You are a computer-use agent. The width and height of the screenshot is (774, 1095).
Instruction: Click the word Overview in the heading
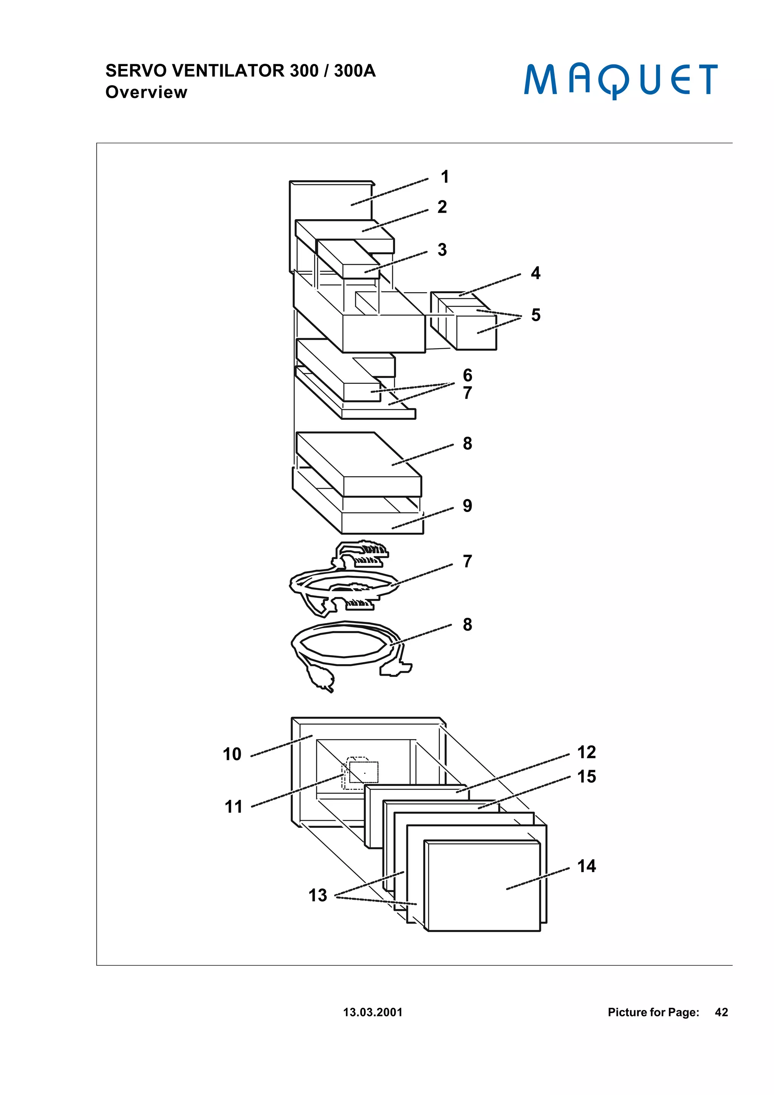click(x=146, y=92)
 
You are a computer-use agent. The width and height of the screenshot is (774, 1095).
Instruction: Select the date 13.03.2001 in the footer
click(x=373, y=1012)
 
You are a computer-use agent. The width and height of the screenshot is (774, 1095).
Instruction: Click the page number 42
click(x=721, y=1012)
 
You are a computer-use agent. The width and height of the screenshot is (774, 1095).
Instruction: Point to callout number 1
click(x=444, y=177)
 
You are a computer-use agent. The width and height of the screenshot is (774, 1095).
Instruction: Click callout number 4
click(x=536, y=273)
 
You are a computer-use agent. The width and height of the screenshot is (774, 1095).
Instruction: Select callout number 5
click(x=536, y=315)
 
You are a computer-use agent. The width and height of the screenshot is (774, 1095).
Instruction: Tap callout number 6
click(x=467, y=375)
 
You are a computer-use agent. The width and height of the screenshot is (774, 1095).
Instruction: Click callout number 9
click(x=467, y=506)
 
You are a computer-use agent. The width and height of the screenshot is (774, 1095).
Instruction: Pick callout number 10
click(x=232, y=755)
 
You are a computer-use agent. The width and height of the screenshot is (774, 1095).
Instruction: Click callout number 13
click(x=317, y=895)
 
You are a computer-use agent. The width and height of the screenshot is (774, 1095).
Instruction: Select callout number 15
click(x=586, y=777)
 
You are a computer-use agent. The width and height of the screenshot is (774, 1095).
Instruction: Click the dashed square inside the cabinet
click(x=364, y=772)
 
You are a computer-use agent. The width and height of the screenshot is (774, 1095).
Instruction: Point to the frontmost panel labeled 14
click(x=481, y=887)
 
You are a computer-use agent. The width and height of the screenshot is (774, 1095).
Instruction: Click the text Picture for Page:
click(x=653, y=1012)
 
